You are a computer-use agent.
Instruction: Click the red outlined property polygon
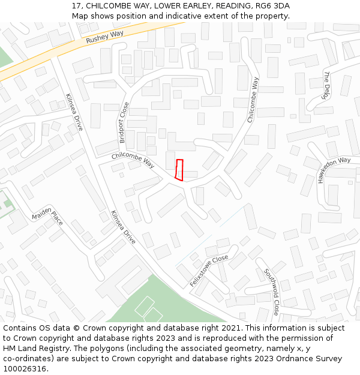[x=179, y=169]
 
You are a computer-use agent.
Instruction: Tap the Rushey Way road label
[x=104, y=37]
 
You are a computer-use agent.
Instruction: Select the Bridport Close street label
[x=124, y=122]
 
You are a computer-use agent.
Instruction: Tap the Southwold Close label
[x=272, y=292]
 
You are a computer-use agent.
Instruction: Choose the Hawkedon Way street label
[x=334, y=169]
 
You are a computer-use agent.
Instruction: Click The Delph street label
[x=327, y=85]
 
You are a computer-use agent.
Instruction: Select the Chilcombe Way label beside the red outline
[x=133, y=161]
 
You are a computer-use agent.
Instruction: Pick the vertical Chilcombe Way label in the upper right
[x=253, y=100]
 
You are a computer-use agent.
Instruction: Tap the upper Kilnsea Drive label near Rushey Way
[x=74, y=112]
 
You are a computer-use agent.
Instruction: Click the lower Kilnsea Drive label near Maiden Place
[x=123, y=227]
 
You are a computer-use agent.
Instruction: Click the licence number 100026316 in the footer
[x=23, y=368]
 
